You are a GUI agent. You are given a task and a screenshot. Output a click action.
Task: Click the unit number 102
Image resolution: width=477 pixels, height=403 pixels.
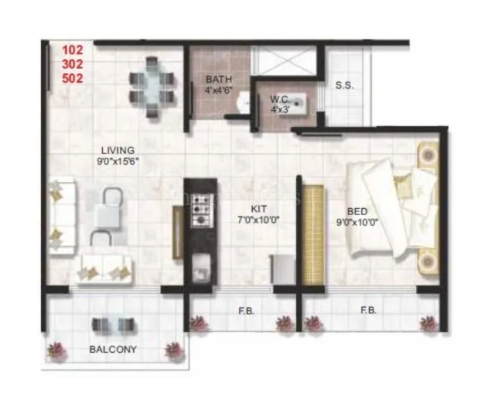click(73, 50)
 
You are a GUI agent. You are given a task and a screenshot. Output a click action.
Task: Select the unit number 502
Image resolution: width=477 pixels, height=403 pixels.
click(73, 77)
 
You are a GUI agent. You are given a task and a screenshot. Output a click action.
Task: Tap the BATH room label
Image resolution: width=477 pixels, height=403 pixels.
click(219, 80)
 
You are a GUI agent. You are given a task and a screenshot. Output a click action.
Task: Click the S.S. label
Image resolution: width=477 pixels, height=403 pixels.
click(345, 85)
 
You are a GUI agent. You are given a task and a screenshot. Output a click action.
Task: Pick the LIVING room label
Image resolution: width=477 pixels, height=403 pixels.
click(118, 150)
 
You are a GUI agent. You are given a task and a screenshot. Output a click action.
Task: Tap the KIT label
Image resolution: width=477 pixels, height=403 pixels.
click(260, 208)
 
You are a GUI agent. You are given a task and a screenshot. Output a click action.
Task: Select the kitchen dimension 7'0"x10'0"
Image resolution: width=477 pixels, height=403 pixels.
click(260, 219)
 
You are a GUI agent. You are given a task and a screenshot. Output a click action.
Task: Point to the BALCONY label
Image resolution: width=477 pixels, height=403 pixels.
click(114, 349)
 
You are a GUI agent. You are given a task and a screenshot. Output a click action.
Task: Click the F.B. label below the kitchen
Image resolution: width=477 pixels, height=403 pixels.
click(245, 310)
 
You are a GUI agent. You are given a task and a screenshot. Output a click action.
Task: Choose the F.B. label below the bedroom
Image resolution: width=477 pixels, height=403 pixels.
click(367, 310)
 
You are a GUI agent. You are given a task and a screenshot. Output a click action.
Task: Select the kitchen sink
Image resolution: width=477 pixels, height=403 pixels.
click(200, 273)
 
